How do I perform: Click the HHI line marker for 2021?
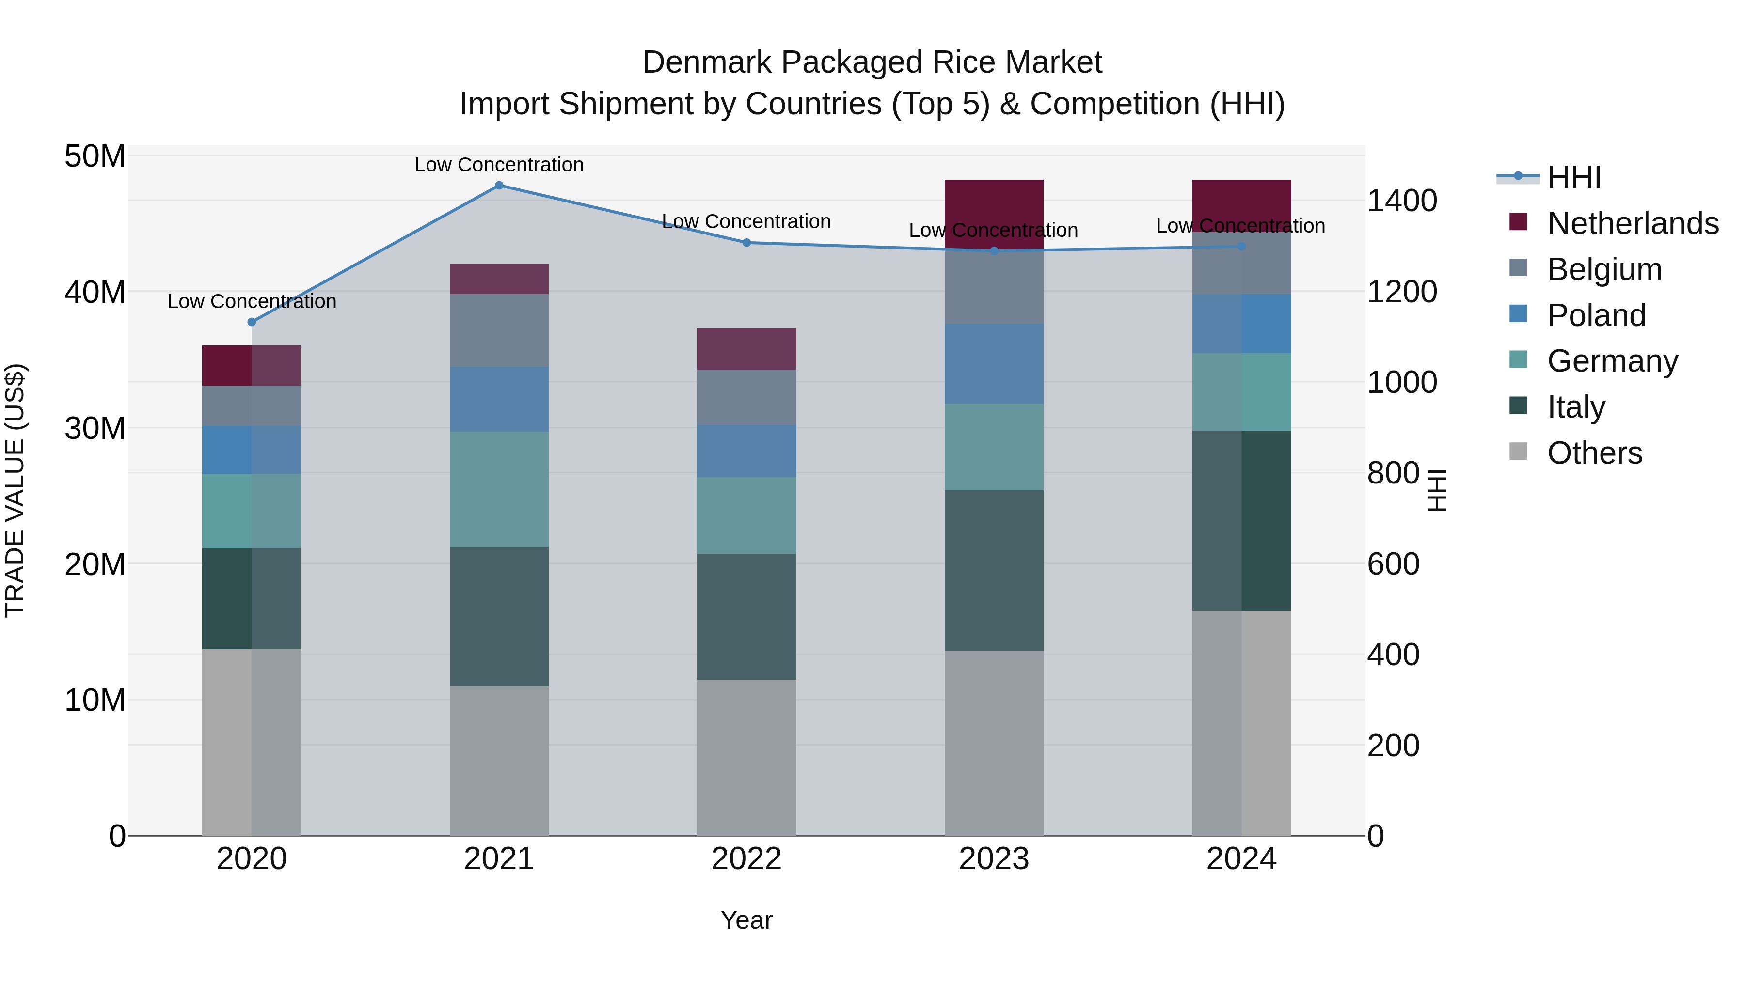point(499,186)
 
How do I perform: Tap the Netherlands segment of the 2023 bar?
point(994,203)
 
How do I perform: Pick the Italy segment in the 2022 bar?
point(746,616)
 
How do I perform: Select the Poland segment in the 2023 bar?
point(994,363)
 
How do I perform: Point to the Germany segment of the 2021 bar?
point(499,489)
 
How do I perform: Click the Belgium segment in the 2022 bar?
point(746,397)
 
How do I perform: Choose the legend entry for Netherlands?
point(1633,223)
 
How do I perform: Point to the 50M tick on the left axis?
point(95,156)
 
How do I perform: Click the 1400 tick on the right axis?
point(1401,201)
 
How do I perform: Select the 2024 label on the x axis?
point(1241,859)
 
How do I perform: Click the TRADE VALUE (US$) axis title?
point(15,490)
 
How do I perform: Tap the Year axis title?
point(746,920)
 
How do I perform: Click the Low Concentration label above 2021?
point(499,165)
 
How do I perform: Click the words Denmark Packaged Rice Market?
point(872,62)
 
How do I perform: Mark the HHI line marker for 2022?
point(746,242)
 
